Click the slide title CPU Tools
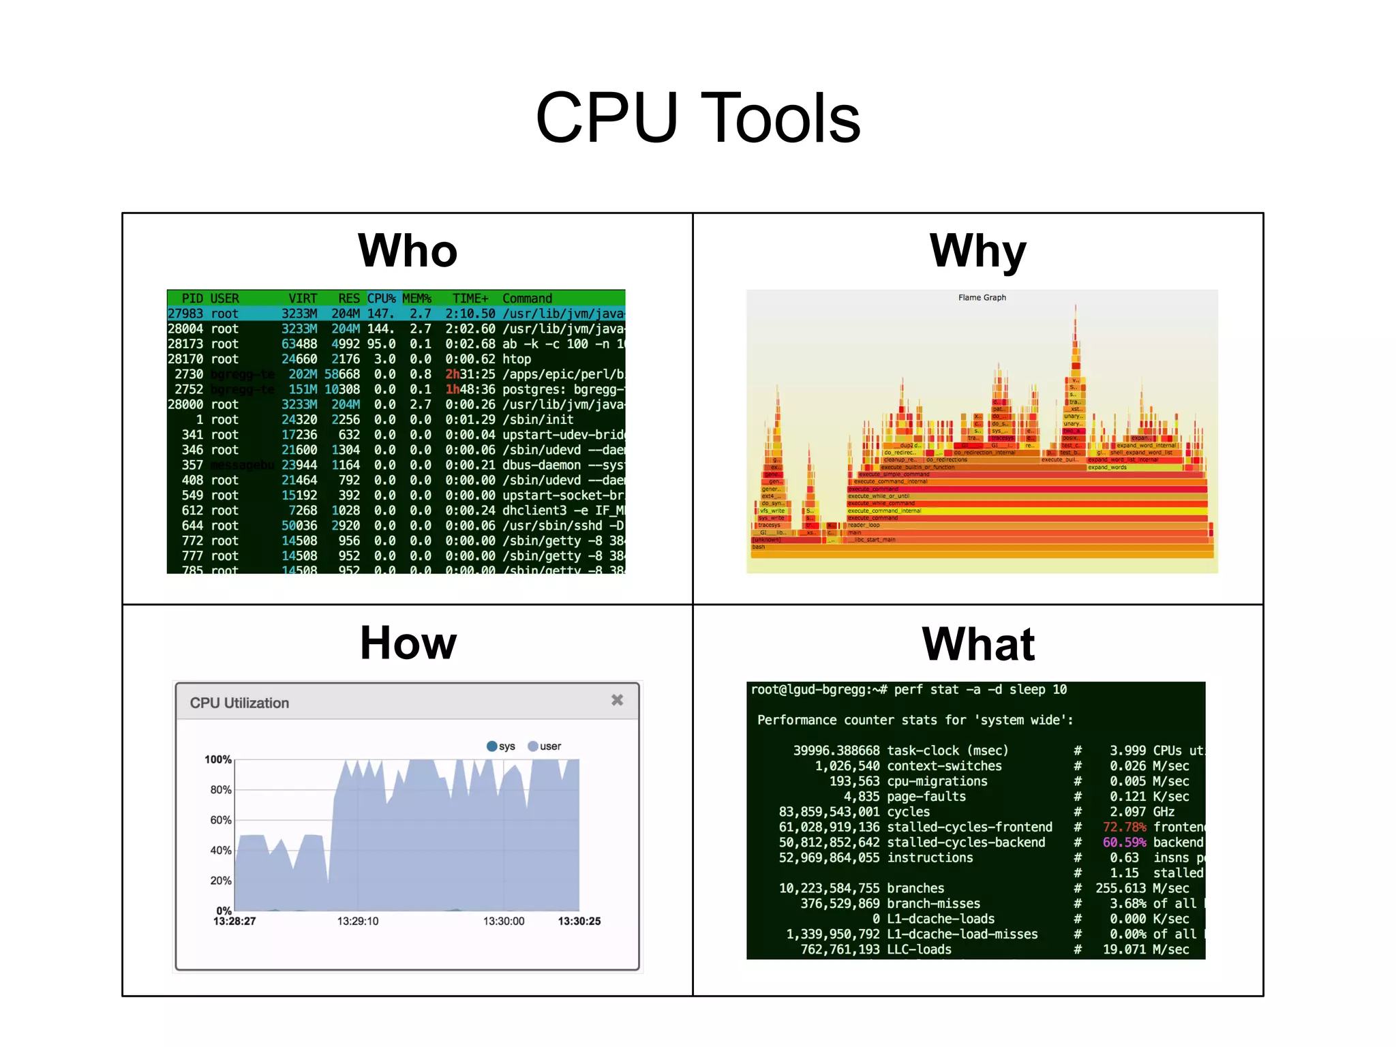click(x=697, y=119)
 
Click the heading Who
click(x=408, y=251)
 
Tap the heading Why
click(x=977, y=251)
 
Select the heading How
click(x=408, y=643)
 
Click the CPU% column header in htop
click(x=381, y=299)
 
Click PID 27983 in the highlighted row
click(x=185, y=314)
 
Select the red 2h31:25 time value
click(x=470, y=374)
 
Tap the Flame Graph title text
click(x=982, y=298)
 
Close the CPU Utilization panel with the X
click(x=617, y=700)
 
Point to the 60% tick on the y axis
click(x=220, y=820)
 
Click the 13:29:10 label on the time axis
click(x=357, y=922)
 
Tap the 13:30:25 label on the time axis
click(x=579, y=922)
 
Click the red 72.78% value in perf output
click(x=1124, y=828)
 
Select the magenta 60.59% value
click(x=1124, y=843)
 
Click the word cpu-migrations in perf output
click(x=937, y=782)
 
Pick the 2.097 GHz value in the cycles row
click(x=1142, y=812)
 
